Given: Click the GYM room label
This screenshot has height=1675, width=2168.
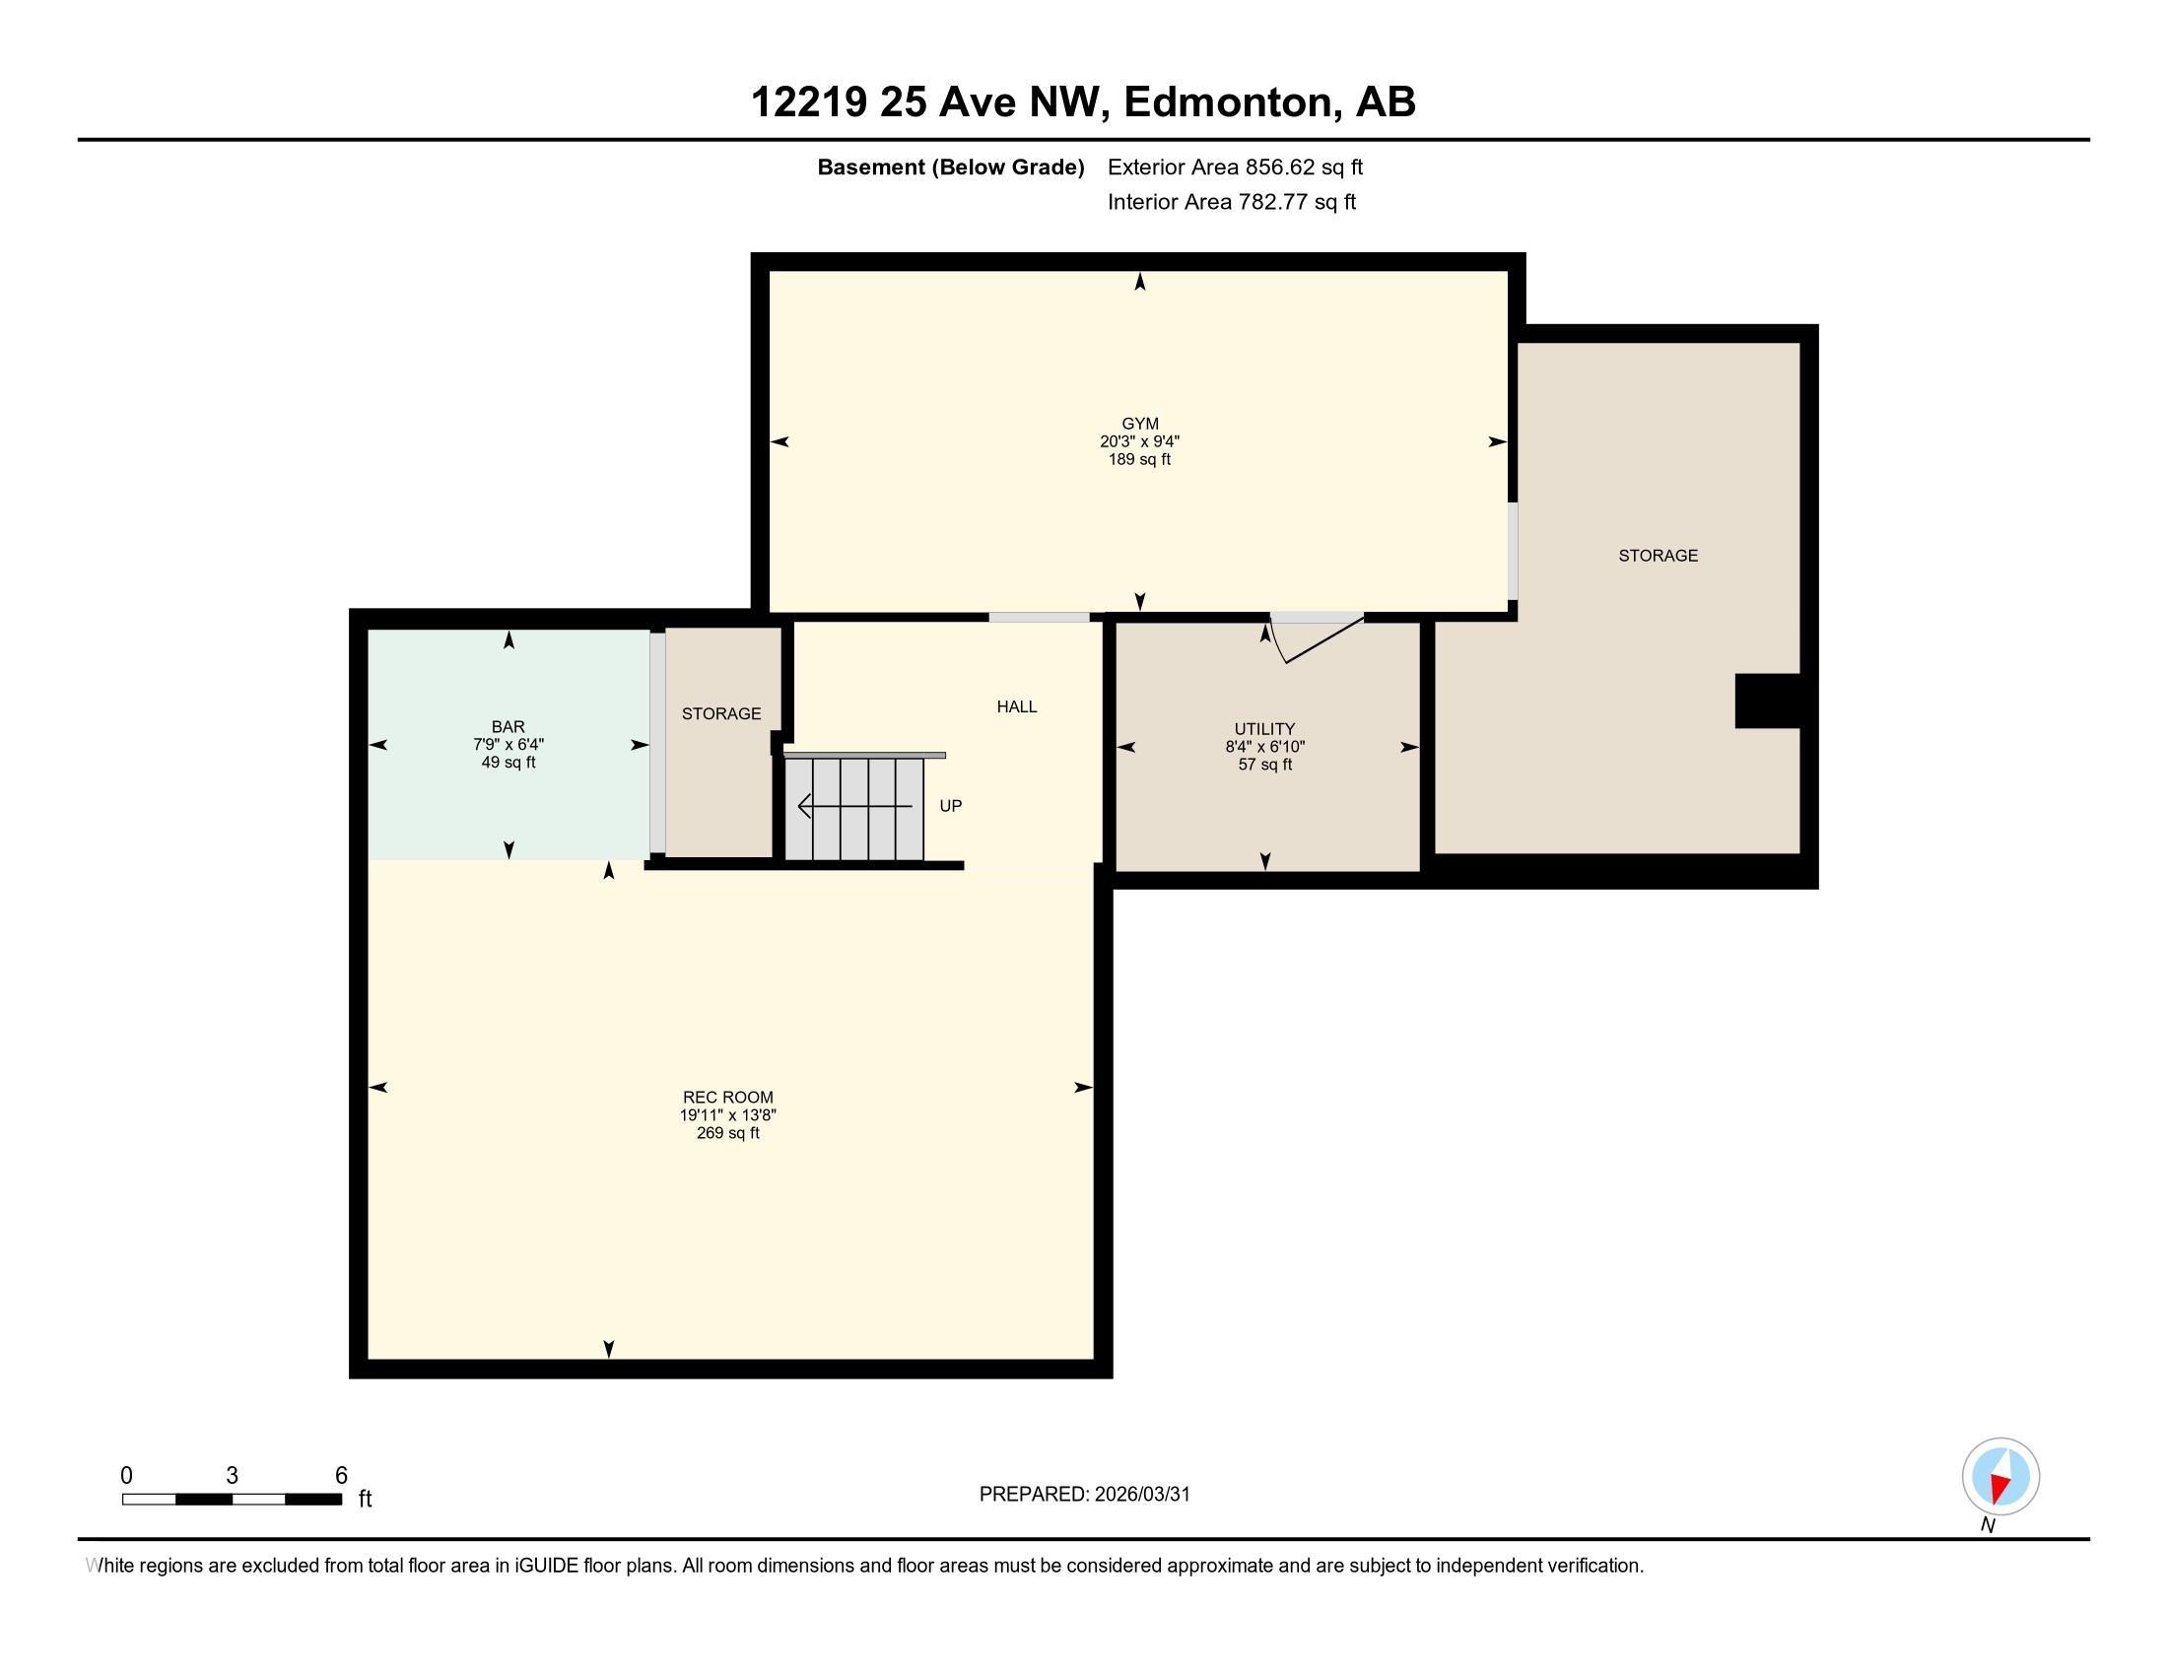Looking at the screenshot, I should (x=1139, y=424).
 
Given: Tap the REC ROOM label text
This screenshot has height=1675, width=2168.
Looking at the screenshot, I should (x=727, y=1097).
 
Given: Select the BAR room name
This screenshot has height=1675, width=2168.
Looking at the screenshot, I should (x=508, y=726).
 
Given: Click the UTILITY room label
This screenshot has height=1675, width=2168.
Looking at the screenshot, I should (x=1264, y=728).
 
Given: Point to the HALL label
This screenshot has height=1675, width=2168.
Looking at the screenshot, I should (x=1017, y=706).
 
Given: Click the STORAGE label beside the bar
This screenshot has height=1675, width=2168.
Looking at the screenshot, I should (x=720, y=713).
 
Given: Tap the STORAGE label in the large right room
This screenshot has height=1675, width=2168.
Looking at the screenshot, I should (x=1658, y=556).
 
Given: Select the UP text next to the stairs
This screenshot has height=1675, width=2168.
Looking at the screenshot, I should (x=950, y=806).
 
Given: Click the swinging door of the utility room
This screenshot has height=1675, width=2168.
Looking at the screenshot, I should (x=1323, y=641).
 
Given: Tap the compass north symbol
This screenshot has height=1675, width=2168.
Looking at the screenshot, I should (x=2000, y=1477).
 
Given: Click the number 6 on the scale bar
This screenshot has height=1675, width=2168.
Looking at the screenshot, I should (x=341, y=1476).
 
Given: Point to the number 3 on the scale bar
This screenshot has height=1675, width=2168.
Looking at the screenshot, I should (x=232, y=1476).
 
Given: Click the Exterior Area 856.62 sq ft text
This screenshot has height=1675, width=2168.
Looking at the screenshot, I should (x=1235, y=167).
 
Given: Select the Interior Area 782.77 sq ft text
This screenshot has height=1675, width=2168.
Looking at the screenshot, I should (x=1231, y=201).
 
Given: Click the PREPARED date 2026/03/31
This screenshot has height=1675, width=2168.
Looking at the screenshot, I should (x=1084, y=1495).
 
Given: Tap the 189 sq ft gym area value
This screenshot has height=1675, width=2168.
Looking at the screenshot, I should (x=1139, y=459).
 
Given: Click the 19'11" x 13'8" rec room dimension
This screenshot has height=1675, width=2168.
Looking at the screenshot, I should (x=727, y=1114).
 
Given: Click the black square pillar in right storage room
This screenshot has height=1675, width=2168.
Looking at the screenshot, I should (x=1767, y=701).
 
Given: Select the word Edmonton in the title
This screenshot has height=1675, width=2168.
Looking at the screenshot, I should (x=1229, y=101).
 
